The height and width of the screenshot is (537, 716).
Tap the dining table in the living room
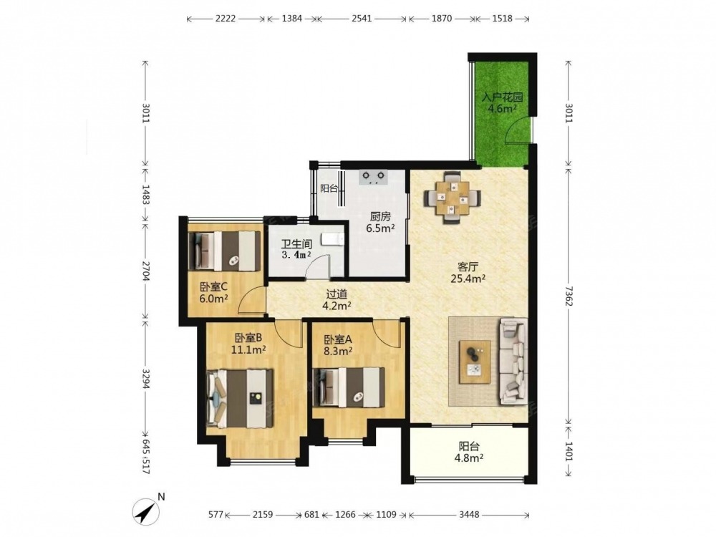452,198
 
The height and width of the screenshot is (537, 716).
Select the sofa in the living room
514,361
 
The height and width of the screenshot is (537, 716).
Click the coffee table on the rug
475,362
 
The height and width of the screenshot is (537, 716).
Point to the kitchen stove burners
373,177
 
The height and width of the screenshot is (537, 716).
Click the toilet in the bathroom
332,239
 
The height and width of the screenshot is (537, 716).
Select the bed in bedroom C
224,250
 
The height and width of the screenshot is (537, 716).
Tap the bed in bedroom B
240,399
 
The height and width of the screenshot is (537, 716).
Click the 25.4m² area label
468,278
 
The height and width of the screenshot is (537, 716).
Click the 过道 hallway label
337,294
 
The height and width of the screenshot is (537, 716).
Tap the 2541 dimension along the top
362,19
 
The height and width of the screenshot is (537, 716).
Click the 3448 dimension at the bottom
469,515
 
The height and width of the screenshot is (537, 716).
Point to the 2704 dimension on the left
145,271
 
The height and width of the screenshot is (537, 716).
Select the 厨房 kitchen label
380,216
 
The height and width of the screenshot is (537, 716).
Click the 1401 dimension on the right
569,451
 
